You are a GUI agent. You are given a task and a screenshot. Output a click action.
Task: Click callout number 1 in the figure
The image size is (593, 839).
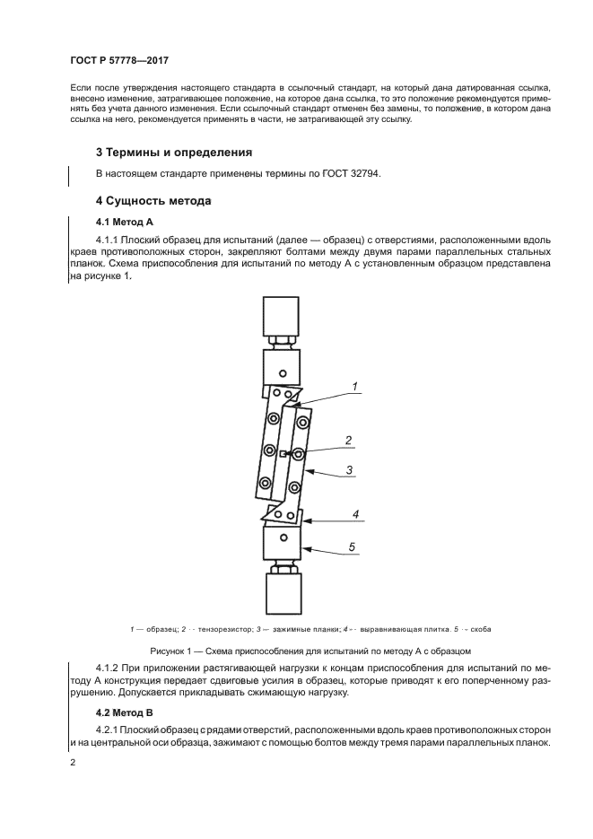pyautogui.click(x=354, y=387)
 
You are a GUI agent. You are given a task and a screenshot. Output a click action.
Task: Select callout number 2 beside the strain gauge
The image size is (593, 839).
pyautogui.click(x=349, y=440)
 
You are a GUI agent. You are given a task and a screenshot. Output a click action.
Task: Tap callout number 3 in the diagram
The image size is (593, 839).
pyautogui.click(x=350, y=468)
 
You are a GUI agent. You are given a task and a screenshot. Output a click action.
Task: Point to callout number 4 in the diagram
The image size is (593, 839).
pyautogui.click(x=355, y=514)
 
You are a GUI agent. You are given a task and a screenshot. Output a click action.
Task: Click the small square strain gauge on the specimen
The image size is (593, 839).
pyautogui.click(x=283, y=455)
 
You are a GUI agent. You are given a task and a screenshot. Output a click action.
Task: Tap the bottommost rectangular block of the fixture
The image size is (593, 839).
pyautogui.click(x=283, y=594)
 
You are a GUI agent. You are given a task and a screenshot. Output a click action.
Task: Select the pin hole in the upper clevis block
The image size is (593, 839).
pyautogui.click(x=283, y=372)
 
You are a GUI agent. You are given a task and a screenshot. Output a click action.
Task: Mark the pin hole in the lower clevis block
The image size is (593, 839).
pyautogui.click(x=283, y=537)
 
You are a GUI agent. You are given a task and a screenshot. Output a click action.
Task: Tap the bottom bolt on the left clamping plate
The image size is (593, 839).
pyautogui.click(x=264, y=484)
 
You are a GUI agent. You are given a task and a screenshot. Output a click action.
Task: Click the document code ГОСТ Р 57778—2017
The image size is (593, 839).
pyautogui.click(x=118, y=61)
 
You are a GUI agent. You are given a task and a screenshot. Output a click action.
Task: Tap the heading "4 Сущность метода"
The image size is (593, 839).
pyautogui.click(x=153, y=201)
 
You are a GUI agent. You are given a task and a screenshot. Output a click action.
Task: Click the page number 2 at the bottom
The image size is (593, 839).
pyautogui.click(x=72, y=762)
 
